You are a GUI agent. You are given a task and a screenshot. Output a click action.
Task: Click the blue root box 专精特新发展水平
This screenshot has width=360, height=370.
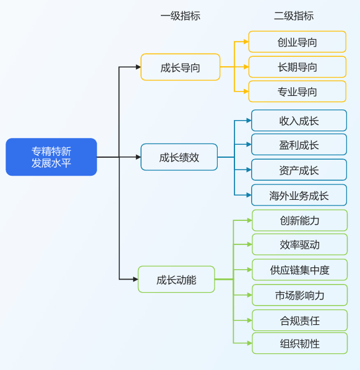(51, 157)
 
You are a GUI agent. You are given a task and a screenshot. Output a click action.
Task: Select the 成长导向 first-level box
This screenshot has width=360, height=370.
(181, 67)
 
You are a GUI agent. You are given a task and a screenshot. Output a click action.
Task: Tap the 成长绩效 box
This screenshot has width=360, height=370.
(179, 157)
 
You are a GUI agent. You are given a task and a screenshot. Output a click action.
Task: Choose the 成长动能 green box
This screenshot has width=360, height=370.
(176, 280)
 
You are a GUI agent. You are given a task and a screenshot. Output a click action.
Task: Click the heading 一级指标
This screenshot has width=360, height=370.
(181, 16)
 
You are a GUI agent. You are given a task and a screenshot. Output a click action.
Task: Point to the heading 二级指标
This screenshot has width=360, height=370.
(294, 16)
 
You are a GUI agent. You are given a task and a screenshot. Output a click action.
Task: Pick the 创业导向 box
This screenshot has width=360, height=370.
(298, 42)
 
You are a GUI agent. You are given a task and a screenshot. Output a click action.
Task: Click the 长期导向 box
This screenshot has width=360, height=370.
(298, 67)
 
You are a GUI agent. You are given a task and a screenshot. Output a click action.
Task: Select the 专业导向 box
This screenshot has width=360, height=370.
(298, 92)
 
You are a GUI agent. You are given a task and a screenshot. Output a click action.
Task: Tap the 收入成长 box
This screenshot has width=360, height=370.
(299, 121)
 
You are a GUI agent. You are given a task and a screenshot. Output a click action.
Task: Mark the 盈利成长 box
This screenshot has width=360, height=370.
(299, 144)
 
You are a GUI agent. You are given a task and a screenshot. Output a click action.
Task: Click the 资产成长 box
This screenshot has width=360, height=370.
(299, 170)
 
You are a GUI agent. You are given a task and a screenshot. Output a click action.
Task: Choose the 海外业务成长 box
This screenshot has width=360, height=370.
(299, 195)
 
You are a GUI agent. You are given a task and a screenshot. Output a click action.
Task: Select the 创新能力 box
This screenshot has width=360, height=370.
(299, 220)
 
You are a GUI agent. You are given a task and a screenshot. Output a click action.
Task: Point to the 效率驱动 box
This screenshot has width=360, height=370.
(299, 244)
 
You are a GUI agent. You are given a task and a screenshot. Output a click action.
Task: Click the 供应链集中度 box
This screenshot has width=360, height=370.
(299, 270)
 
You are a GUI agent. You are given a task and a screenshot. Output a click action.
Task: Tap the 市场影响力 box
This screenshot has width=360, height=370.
(299, 295)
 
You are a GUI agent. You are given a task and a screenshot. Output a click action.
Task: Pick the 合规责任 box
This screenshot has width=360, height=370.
(299, 321)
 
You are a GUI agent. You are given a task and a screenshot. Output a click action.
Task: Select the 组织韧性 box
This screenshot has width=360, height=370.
(299, 343)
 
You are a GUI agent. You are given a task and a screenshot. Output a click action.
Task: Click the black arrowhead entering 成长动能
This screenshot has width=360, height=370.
(135, 280)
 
